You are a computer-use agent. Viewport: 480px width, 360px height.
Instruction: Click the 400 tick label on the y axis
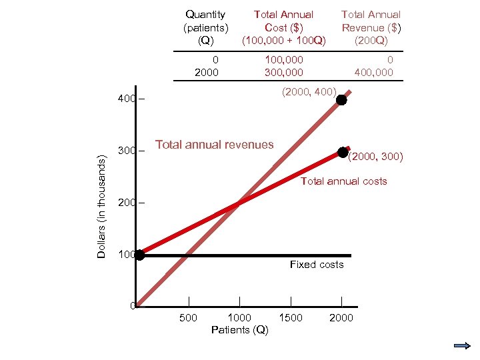pos(125,99)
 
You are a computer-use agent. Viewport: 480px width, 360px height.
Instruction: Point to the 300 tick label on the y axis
pos(125,151)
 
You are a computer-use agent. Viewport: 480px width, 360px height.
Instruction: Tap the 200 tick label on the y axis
pos(125,202)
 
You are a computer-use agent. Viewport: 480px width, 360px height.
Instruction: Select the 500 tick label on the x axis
pos(189,318)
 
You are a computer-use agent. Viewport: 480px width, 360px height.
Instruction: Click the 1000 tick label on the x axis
pos(239,318)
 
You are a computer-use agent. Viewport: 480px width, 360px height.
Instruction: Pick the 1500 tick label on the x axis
pos(290,318)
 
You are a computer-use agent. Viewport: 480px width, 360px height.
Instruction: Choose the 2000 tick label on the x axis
pos(341,318)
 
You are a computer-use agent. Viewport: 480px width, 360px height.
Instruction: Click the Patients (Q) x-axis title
pos(239,330)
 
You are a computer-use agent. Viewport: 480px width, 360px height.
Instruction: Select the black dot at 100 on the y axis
pos(139,255)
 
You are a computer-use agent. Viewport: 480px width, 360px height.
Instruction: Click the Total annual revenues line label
pos(214,144)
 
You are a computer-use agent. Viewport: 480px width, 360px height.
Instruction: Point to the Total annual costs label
pos(343,181)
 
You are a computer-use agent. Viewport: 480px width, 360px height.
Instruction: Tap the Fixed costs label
pos(317,265)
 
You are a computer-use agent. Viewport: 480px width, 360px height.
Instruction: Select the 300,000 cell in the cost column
pos(283,72)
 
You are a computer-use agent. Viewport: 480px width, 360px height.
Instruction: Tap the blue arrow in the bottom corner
pos(461,345)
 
